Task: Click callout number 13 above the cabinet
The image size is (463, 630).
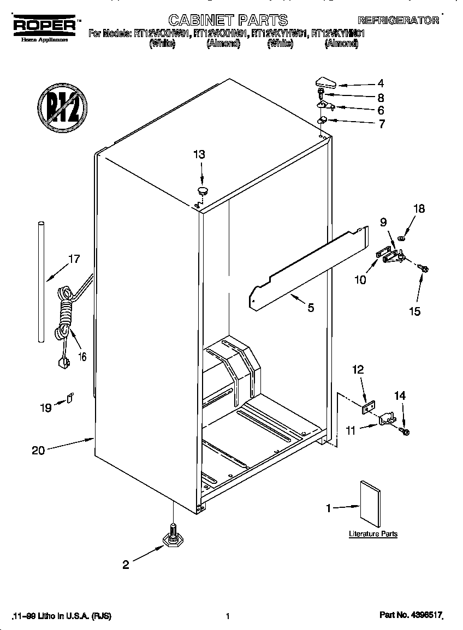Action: click(199, 155)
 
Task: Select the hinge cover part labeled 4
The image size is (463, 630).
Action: click(328, 83)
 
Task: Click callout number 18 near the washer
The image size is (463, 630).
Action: click(419, 209)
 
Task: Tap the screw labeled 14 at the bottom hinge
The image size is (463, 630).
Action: click(405, 431)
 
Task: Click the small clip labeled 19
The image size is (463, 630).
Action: click(70, 398)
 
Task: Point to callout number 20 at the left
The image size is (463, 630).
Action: click(38, 450)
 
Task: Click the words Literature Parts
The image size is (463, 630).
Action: click(373, 534)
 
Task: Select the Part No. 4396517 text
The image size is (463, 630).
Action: click(410, 615)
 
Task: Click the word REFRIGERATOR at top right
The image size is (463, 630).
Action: click(399, 21)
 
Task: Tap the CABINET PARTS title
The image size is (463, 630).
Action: click(228, 20)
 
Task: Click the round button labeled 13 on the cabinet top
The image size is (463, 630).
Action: click(203, 190)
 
